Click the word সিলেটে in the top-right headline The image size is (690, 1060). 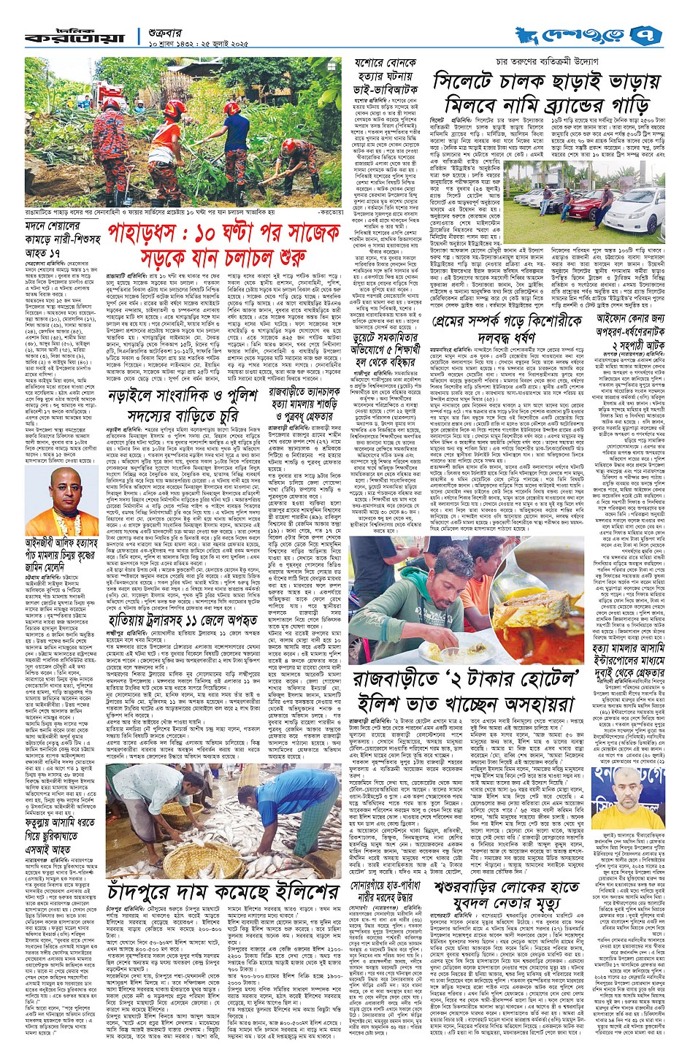(x=463, y=82)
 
